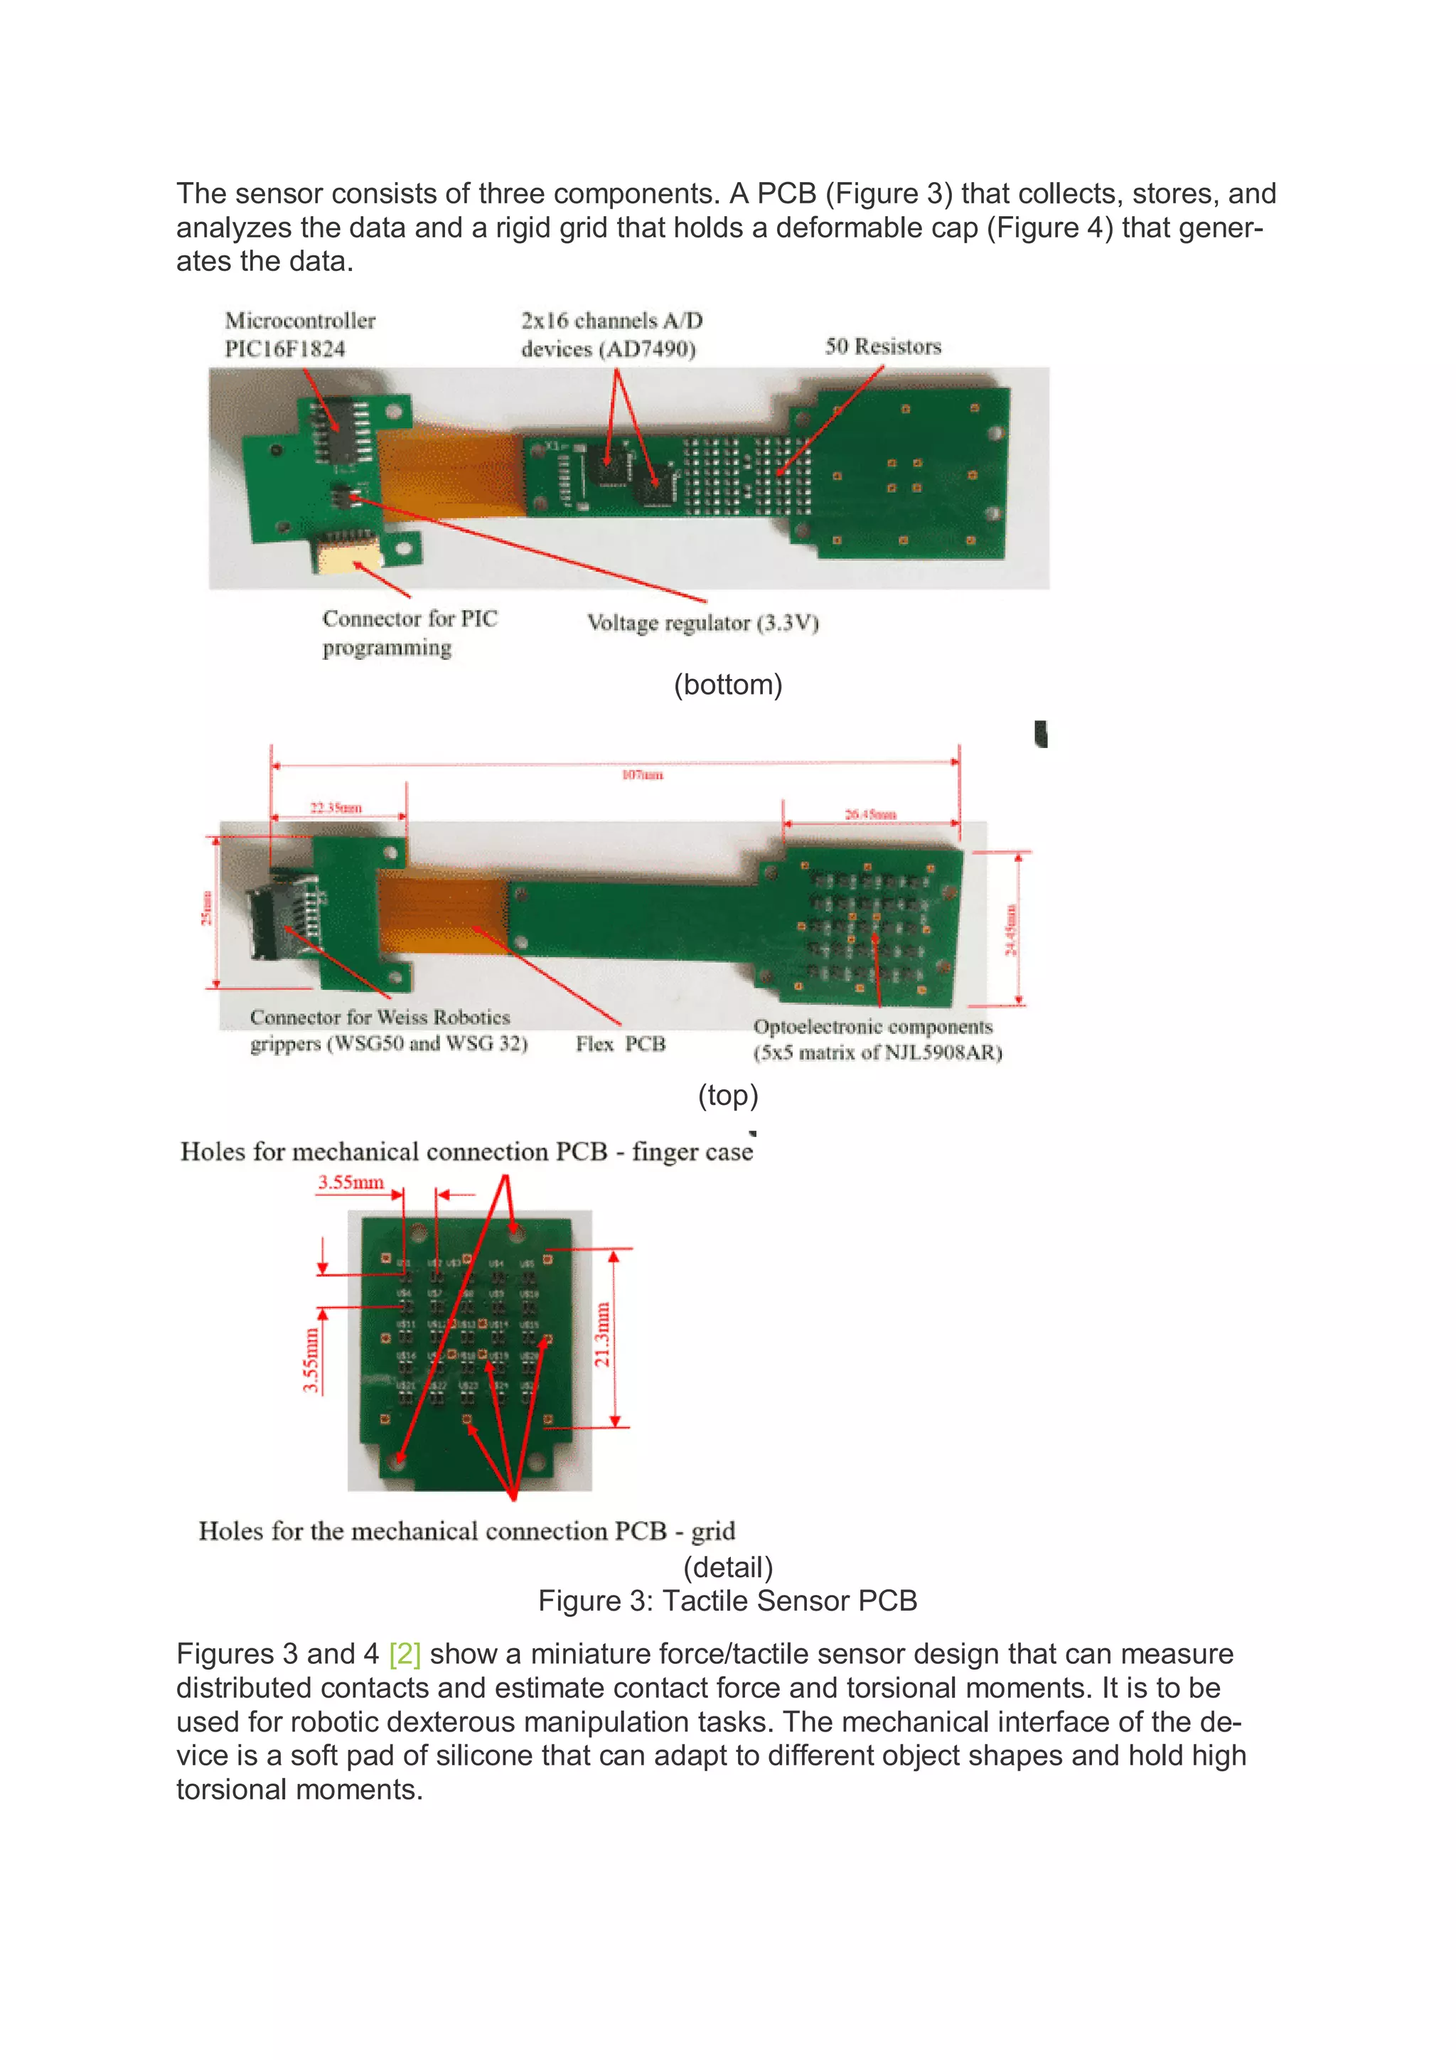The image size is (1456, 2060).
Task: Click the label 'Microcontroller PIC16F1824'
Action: click(299, 335)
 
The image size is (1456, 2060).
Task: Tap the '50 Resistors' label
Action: click(883, 347)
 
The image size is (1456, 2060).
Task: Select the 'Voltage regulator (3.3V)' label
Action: click(702, 623)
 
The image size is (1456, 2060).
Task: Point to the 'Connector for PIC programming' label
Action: click(409, 633)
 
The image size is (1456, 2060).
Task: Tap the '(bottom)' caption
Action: click(727, 685)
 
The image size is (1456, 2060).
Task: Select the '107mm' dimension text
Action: click(642, 774)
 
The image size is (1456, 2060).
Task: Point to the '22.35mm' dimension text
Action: click(336, 808)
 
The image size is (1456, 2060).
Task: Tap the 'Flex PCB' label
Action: click(621, 1043)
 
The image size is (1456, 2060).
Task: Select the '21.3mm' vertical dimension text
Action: click(602, 1335)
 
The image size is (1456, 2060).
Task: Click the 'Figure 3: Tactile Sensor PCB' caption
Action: click(727, 1601)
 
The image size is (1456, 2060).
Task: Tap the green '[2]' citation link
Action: click(405, 1653)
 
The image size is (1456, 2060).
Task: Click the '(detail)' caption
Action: click(727, 1567)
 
